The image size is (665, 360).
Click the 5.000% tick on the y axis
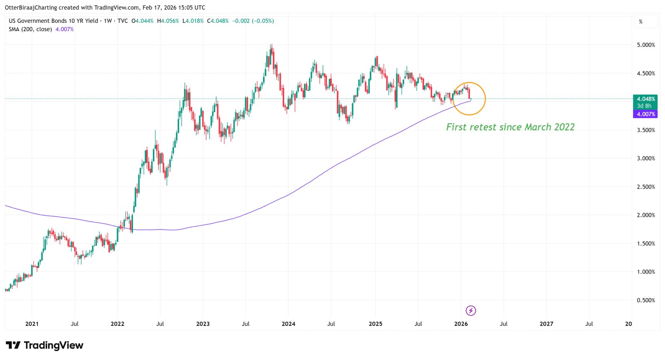tap(645, 45)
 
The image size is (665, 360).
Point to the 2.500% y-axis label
tap(645, 187)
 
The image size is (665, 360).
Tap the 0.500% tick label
tap(645, 300)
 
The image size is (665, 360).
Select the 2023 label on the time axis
tap(203, 324)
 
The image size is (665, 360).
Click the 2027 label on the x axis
tap(546, 324)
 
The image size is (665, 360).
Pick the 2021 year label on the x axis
tap(32, 324)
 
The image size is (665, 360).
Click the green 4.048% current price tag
tap(645, 99)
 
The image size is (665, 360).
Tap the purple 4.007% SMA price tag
tap(645, 114)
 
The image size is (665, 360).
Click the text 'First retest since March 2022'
tap(510, 127)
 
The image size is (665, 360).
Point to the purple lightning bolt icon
tap(470, 311)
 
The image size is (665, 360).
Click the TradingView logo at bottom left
tap(44, 345)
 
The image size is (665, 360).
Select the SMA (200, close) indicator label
tap(30, 29)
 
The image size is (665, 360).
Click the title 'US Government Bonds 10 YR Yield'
tap(53, 21)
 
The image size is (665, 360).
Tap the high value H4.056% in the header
tap(168, 21)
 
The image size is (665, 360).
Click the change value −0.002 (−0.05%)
tap(253, 21)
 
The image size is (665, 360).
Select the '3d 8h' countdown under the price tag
tap(644, 106)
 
